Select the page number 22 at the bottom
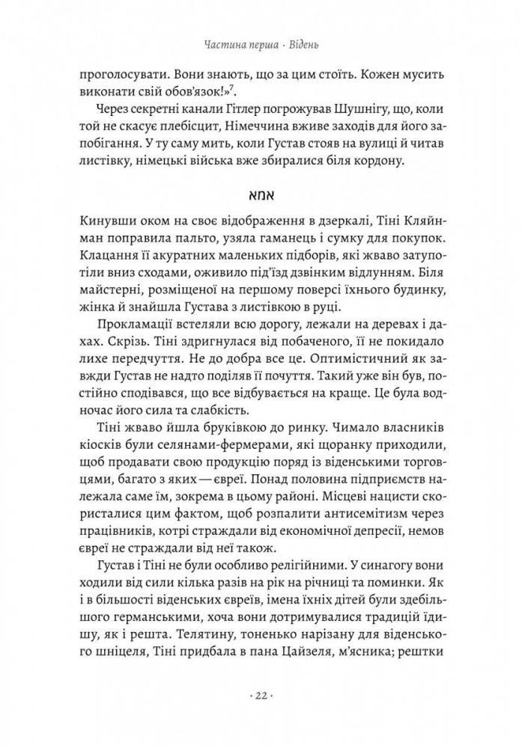click(261, 695)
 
